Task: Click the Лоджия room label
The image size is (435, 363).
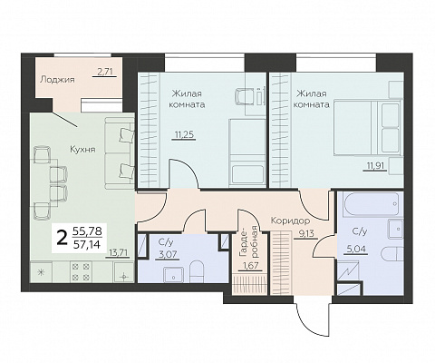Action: [x=57, y=80]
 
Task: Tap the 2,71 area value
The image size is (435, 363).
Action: [x=104, y=72]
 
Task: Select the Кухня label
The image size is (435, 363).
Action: [x=82, y=150]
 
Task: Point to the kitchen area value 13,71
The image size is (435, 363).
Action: [x=118, y=252]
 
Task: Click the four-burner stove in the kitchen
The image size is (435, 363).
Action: [x=81, y=271]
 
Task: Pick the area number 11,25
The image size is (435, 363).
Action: [x=185, y=134]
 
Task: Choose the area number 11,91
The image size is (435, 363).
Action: [x=375, y=166]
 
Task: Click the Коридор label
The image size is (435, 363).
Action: [x=290, y=221]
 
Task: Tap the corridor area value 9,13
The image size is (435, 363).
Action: [x=305, y=234]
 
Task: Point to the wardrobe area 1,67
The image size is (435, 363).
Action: [x=250, y=266]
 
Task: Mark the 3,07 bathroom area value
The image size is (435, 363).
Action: [x=169, y=254]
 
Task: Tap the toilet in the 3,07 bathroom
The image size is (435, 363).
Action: [x=197, y=272]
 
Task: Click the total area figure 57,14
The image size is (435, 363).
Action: [x=88, y=244]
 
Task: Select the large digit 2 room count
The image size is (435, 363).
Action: [x=63, y=239]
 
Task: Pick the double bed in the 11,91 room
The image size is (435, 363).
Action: [x=367, y=127]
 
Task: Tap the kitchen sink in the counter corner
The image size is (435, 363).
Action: [x=123, y=271]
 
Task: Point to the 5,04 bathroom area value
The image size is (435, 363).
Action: [x=356, y=250]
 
